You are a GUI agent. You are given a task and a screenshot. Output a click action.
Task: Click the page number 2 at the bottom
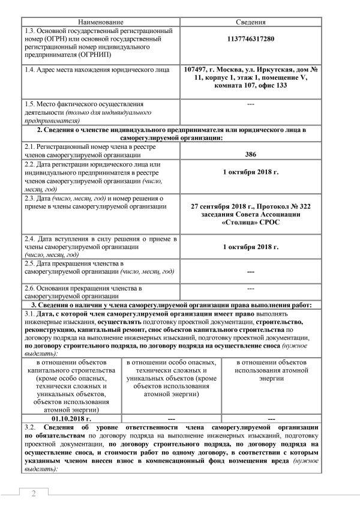coord(34,493)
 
